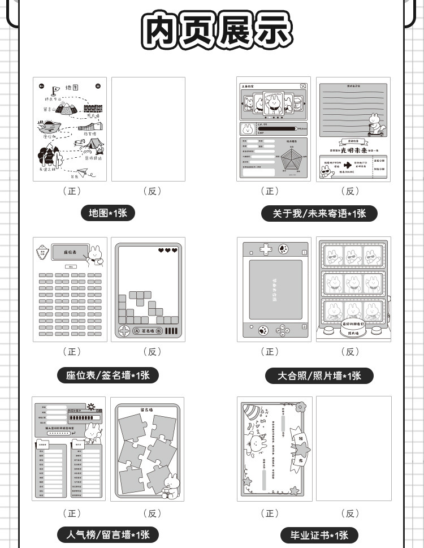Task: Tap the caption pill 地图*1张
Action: pos(108,213)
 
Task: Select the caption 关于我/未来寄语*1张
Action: pos(319,213)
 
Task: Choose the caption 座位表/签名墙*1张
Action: pos(108,375)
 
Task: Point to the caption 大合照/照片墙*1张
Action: pos(319,375)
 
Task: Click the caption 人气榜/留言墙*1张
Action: pos(108,534)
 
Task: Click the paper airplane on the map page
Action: pos(83,171)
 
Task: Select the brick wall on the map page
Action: pos(90,106)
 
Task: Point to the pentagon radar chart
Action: pos(292,161)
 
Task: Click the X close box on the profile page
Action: pos(304,87)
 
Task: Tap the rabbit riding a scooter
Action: pos(375,126)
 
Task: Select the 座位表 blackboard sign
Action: pos(70,252)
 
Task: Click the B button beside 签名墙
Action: pos(159,331)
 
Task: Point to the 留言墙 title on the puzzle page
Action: pos(148,408)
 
